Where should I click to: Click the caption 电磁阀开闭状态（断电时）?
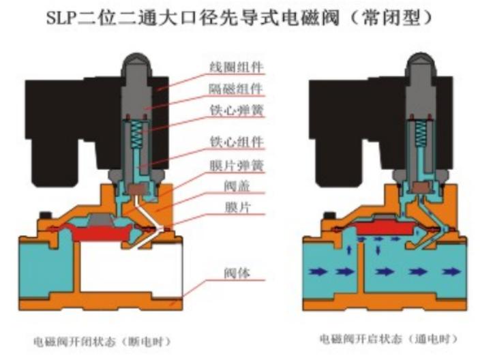[102, 339]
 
